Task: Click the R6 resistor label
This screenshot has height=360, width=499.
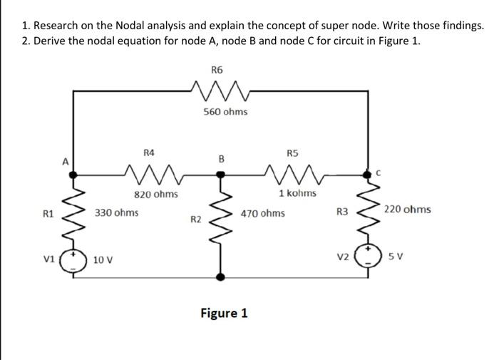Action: (x=217, y=69)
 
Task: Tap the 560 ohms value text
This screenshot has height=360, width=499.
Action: (x=225, y=112)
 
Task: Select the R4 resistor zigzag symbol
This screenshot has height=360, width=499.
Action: (x=150, y=172)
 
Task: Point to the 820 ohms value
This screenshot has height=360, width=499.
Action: (x=156, y=194)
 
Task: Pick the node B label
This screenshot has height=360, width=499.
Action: (x=221, y=159)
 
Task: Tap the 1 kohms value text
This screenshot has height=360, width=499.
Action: (x=298, y=194)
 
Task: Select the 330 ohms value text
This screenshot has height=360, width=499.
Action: (x=117, y=212)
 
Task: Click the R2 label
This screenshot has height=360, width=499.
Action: (x=196, y=219)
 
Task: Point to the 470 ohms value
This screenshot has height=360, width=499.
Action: (x=262, y=213)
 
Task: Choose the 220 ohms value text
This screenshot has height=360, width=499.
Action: (x=407, y=210)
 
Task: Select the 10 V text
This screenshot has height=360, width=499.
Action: (x=103, y=260)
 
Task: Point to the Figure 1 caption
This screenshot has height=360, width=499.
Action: (x=224, y=313)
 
